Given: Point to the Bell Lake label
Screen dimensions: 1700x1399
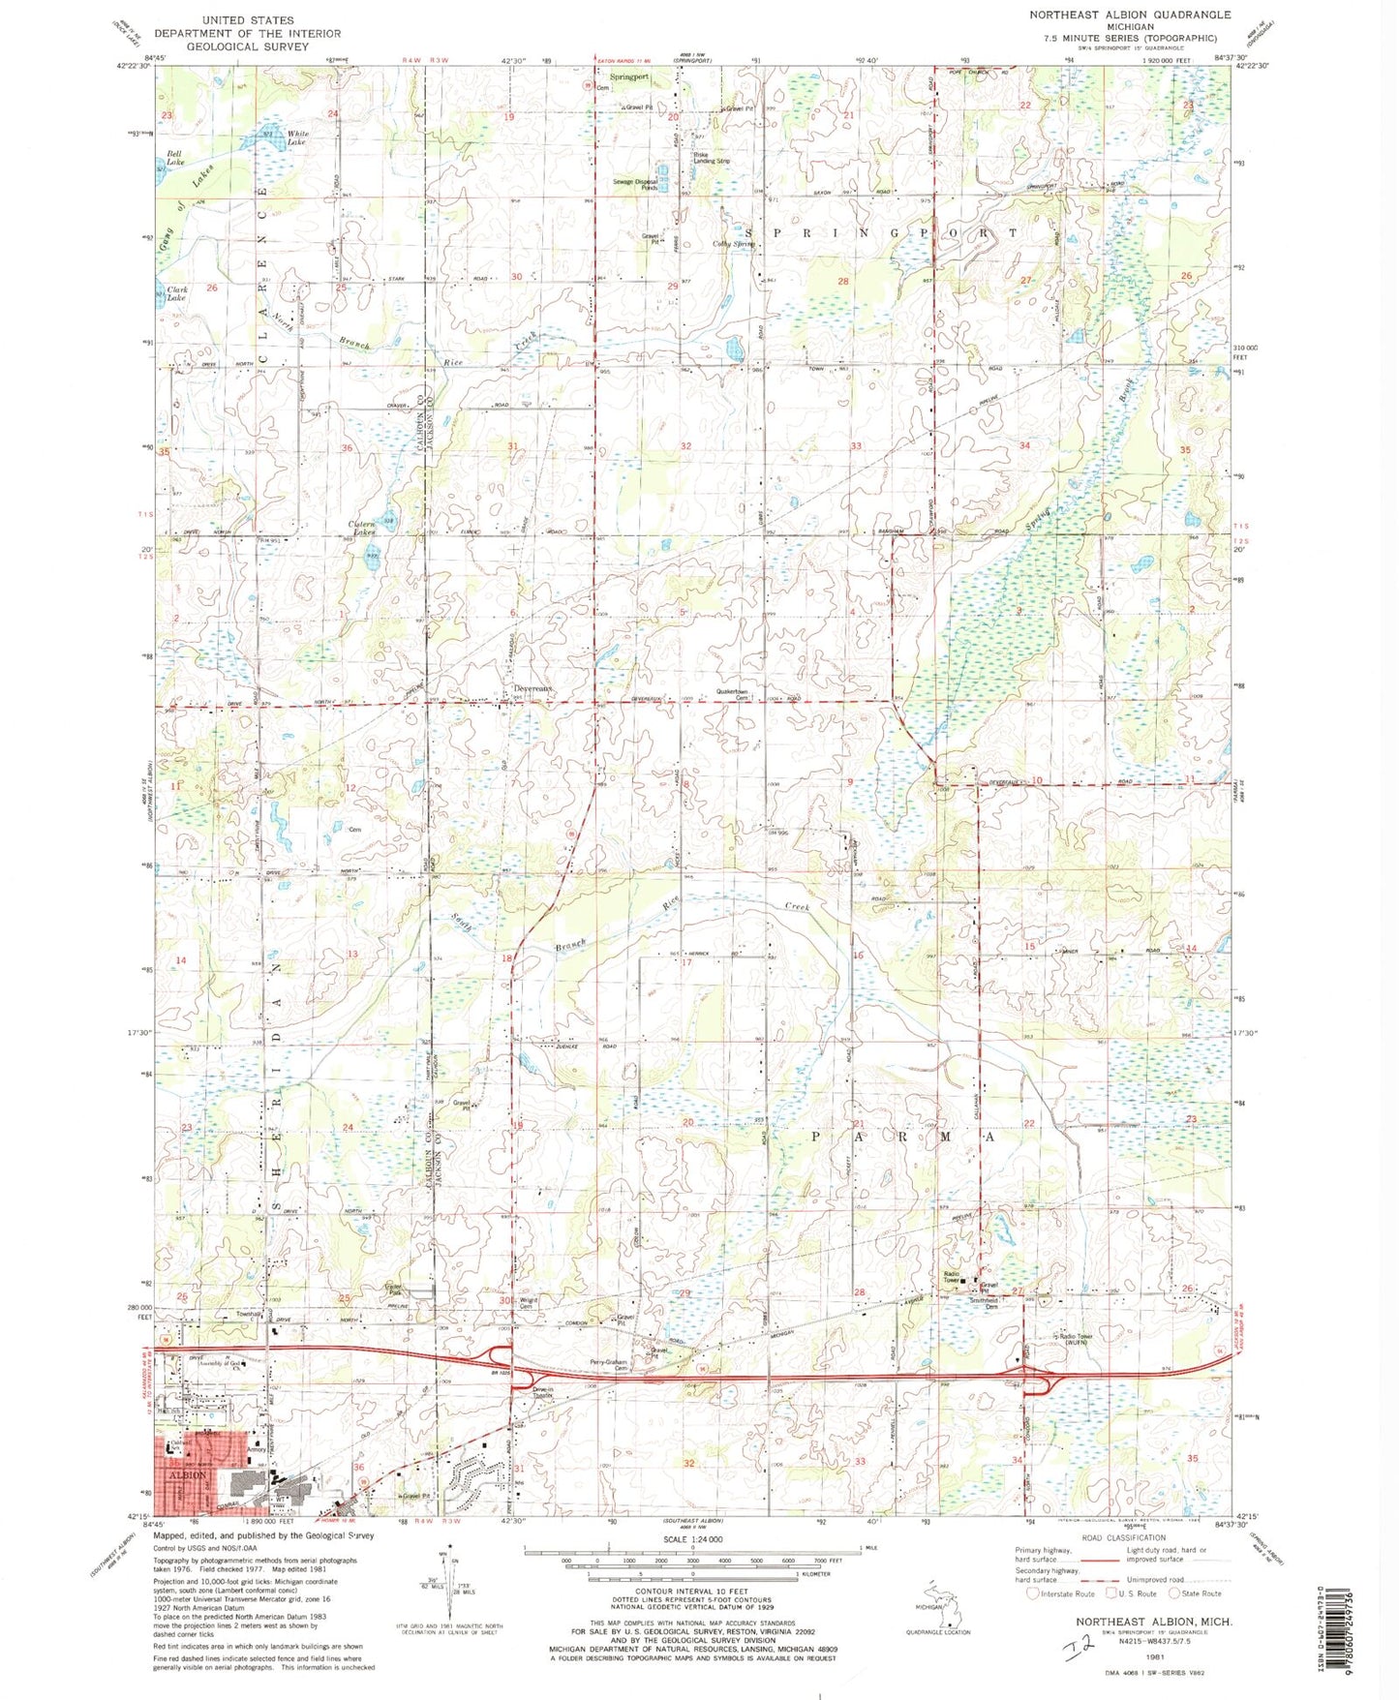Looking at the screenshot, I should pyautogui.click(x=175, y=158).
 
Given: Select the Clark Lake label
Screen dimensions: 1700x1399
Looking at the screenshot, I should pyautogui.click(x=177, y=293).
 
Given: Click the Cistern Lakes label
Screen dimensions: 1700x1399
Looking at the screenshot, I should pyautogui.click(x=362, y=529).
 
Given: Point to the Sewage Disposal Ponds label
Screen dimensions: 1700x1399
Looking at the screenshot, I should pyautogui.click(x=635, y=184).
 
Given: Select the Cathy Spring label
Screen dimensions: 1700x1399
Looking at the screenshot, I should pyautogui.click(x=735, y=244).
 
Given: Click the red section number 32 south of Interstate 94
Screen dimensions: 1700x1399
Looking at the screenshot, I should pyautogui.click(x=688, y=1462).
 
